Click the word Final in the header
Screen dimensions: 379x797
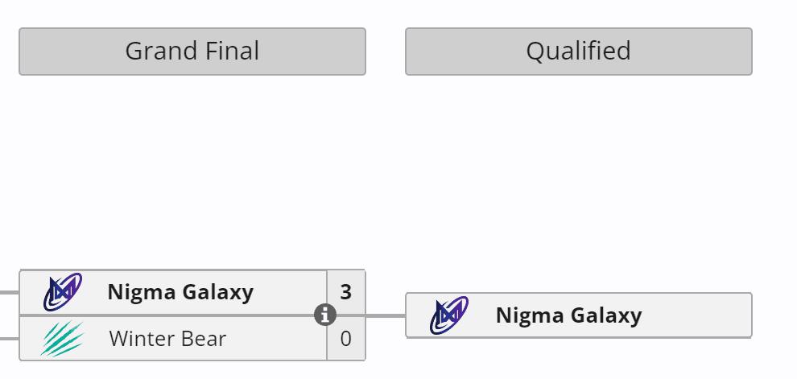229,51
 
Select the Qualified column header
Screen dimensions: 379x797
578,51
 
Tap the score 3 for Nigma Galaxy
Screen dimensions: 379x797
345,292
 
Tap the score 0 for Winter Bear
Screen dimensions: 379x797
345,339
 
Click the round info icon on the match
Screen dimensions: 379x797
324,315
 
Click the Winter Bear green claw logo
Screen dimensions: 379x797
62,338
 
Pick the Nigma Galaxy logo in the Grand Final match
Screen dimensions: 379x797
62,293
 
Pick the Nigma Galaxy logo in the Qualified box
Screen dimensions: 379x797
448,315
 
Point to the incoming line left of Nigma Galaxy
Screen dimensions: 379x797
9,292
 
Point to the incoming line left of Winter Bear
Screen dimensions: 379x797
9,339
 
